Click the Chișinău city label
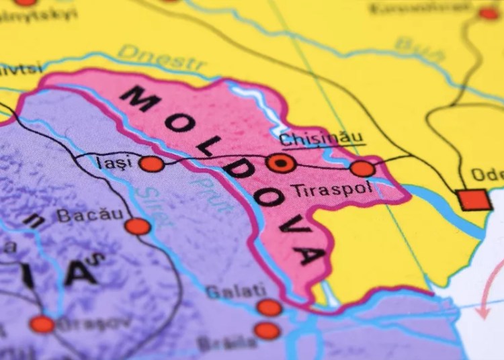(321, 139)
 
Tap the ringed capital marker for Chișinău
(280, 163)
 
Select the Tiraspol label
(331, 189)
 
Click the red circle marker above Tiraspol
(362, 168)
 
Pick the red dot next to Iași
(151, 163)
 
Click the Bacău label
(90, 215)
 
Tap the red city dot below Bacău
(138, 226)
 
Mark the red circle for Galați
(269, 308)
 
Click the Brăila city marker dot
(267, 330)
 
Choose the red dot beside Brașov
(42, 324)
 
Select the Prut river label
(214, 193)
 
